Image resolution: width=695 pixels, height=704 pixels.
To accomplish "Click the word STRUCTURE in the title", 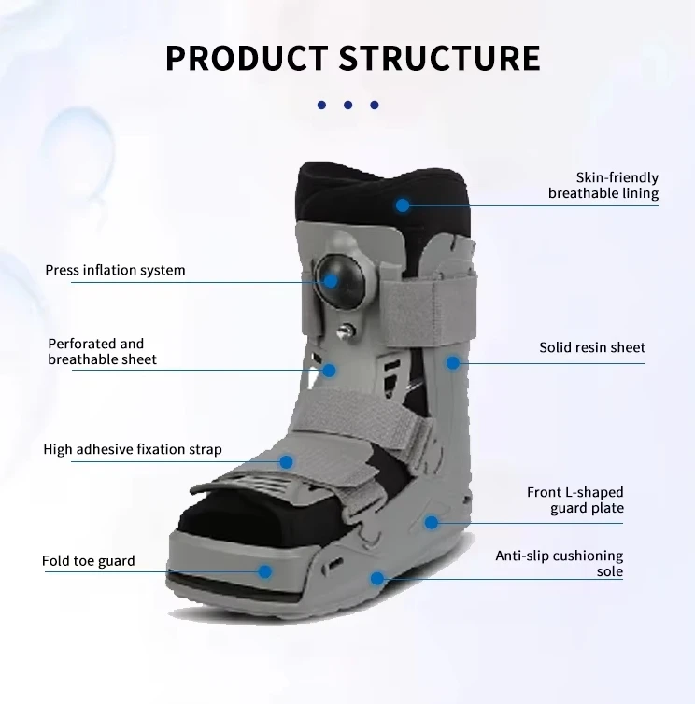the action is point(440,57).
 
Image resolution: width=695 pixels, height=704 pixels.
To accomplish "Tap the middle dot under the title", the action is point(347,106).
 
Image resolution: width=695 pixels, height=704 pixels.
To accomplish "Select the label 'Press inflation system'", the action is point(115,270).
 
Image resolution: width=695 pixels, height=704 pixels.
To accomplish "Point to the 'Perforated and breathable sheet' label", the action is point(102,351).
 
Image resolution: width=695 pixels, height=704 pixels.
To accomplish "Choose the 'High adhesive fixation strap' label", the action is point(133,449).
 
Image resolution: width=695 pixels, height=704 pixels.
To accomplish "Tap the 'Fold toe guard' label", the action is point(89,561).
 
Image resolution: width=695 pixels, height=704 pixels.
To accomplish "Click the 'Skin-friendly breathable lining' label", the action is point(603,186).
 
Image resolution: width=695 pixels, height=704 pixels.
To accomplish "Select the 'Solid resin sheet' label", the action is point(591,347).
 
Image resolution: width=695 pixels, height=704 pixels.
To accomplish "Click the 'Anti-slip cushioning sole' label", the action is point(573,564).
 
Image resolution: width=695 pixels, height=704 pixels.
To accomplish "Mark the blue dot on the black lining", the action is point(402,204).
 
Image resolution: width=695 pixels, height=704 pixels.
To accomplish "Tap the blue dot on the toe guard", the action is point(265,571).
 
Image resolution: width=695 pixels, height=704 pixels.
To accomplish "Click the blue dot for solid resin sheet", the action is point(453,362).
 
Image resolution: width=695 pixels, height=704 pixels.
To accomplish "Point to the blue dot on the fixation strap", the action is point(288,461).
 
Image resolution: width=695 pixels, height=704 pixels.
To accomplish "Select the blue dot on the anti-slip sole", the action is point(376,578).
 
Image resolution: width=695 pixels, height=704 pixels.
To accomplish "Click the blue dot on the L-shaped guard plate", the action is point(431,522).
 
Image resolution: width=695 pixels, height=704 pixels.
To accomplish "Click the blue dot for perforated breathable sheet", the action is point(329,370).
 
